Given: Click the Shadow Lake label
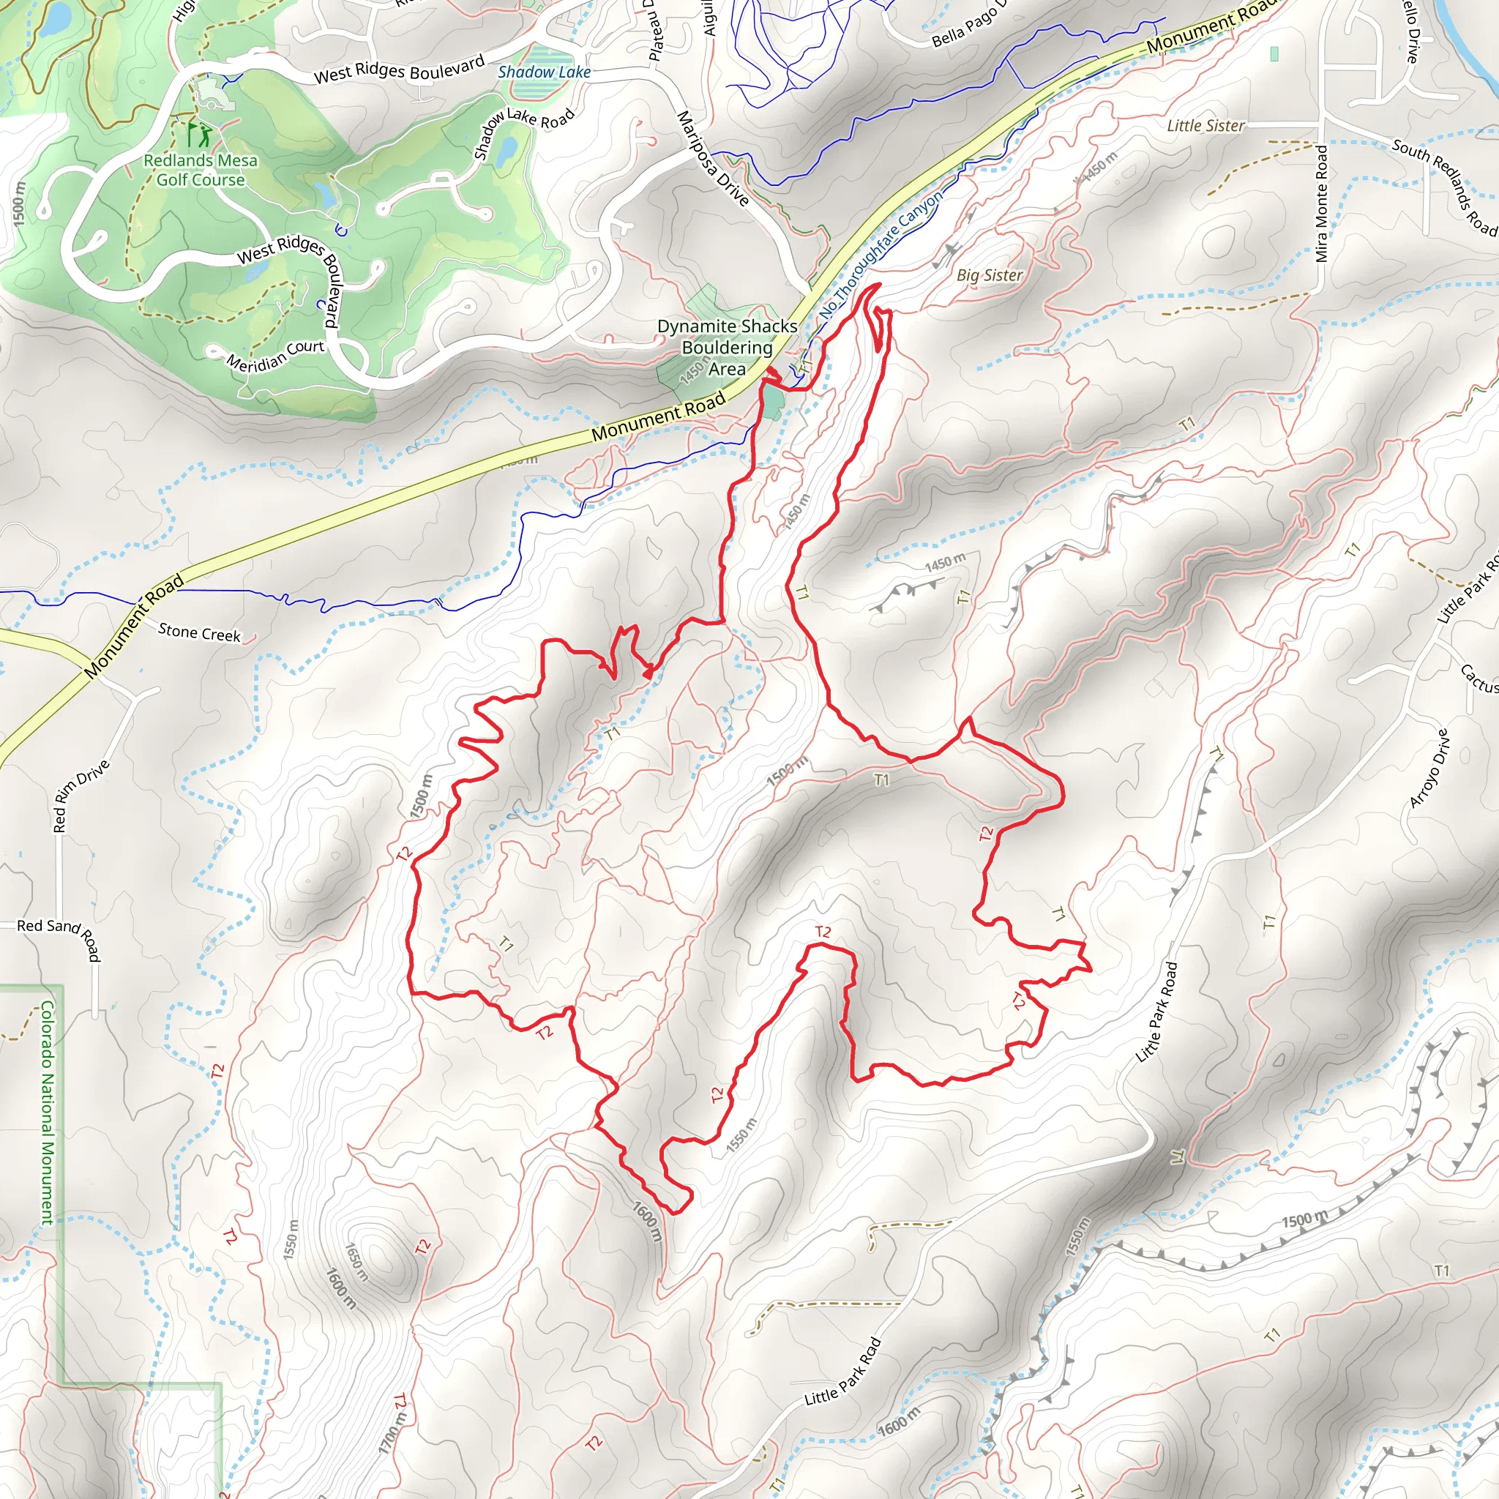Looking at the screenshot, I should pyautogui.click(x=544, y=72).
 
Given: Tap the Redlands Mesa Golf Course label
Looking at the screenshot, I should pyautogui.click(x=201, y=170).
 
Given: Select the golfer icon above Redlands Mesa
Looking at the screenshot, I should pyautogui.click(x=198, y=133).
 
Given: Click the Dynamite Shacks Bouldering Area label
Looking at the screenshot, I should pyautogui.click(x=727, y=348).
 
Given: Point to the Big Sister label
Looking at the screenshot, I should pyautogui.click(x=990, y=275).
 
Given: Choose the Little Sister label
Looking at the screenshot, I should pyautogui.click(x=1205, y=126).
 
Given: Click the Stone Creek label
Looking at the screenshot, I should pyautogui.click(x=199, y=633).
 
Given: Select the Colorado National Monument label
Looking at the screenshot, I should pyautogui.click(x=48, y=1113).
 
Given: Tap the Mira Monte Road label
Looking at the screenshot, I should pyautogui.click(x=1322, y=204).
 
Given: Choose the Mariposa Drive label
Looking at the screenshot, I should pyautogui.click(x=712, y=159).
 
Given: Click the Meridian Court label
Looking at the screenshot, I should pyautogui.click(x=274, y=354).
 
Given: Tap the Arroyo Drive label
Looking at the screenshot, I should pyautogui.click(x=1429, y=768).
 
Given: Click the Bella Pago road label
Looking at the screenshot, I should pyautogui.click(x=968, y=25).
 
